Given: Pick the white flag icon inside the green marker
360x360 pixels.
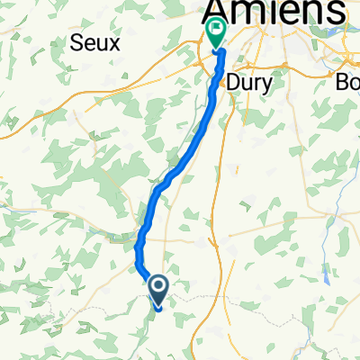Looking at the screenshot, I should point(216,31).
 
